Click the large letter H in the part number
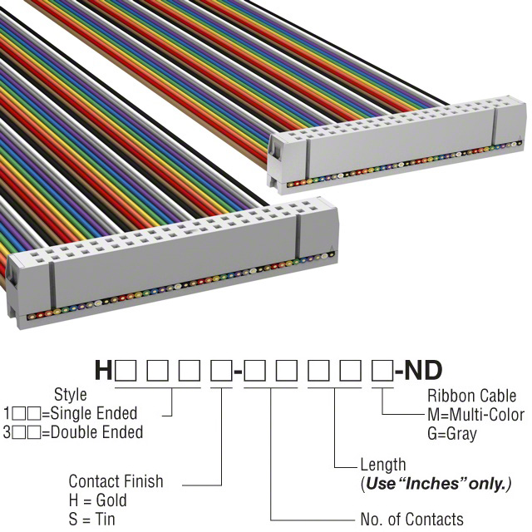[103, 370]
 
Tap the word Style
[70, 395]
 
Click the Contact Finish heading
[116, 481]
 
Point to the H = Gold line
[97, 500]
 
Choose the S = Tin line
[92, 520]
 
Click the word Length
[383, 465]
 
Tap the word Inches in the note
[441, 484]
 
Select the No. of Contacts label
[412, 520]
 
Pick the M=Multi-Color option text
[475, 415]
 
